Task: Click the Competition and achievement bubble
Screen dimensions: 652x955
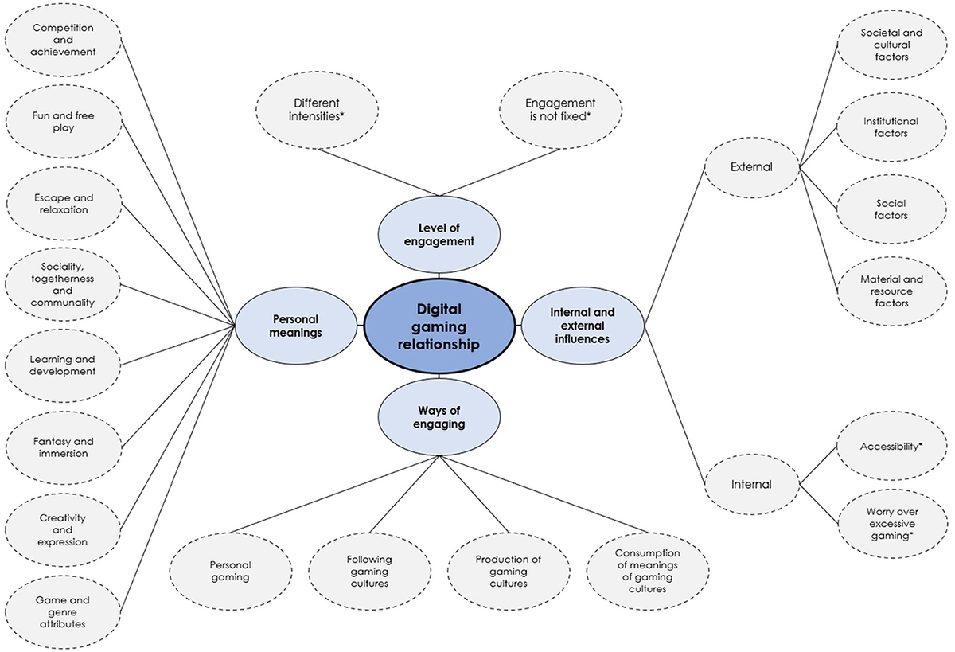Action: [63, 40]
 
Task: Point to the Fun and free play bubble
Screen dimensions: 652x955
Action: [63, 122]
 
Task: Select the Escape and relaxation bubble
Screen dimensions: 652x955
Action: [63, 204]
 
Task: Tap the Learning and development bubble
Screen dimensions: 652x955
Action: [63, 365]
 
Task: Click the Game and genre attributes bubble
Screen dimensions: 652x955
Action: [63, 611]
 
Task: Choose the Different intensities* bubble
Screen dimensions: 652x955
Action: [316, 110]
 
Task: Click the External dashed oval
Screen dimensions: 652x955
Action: [750, 167]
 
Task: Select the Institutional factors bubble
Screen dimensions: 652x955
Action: [891, 127]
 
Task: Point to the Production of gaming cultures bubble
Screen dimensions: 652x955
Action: [509, 571]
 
